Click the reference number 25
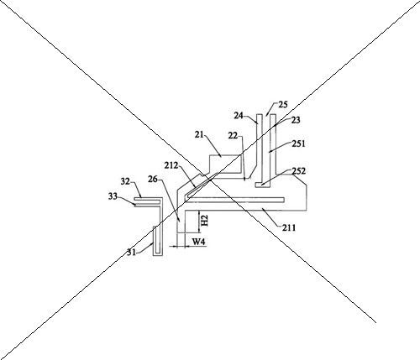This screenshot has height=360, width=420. (283, 105)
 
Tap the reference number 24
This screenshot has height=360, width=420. (239, 115)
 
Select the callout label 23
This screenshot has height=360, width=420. (296, 120)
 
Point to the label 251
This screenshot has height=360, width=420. (299, 143)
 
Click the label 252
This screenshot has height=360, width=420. (299, 171)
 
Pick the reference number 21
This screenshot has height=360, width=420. (199, 134)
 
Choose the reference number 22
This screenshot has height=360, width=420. (233, 136)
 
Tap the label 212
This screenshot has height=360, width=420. (171, 165)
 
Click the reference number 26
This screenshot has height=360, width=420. (153, 179)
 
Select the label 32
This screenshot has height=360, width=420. (125, 181)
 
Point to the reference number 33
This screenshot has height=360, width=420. (113, 196)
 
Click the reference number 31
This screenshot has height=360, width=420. (131, 253)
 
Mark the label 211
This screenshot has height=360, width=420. (289, 228)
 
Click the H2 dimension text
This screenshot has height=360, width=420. (205, 221)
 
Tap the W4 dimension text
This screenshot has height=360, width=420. (199, 242)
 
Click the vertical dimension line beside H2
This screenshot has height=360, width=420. (199, 222)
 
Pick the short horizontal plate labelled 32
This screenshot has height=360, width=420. (147, 199)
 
